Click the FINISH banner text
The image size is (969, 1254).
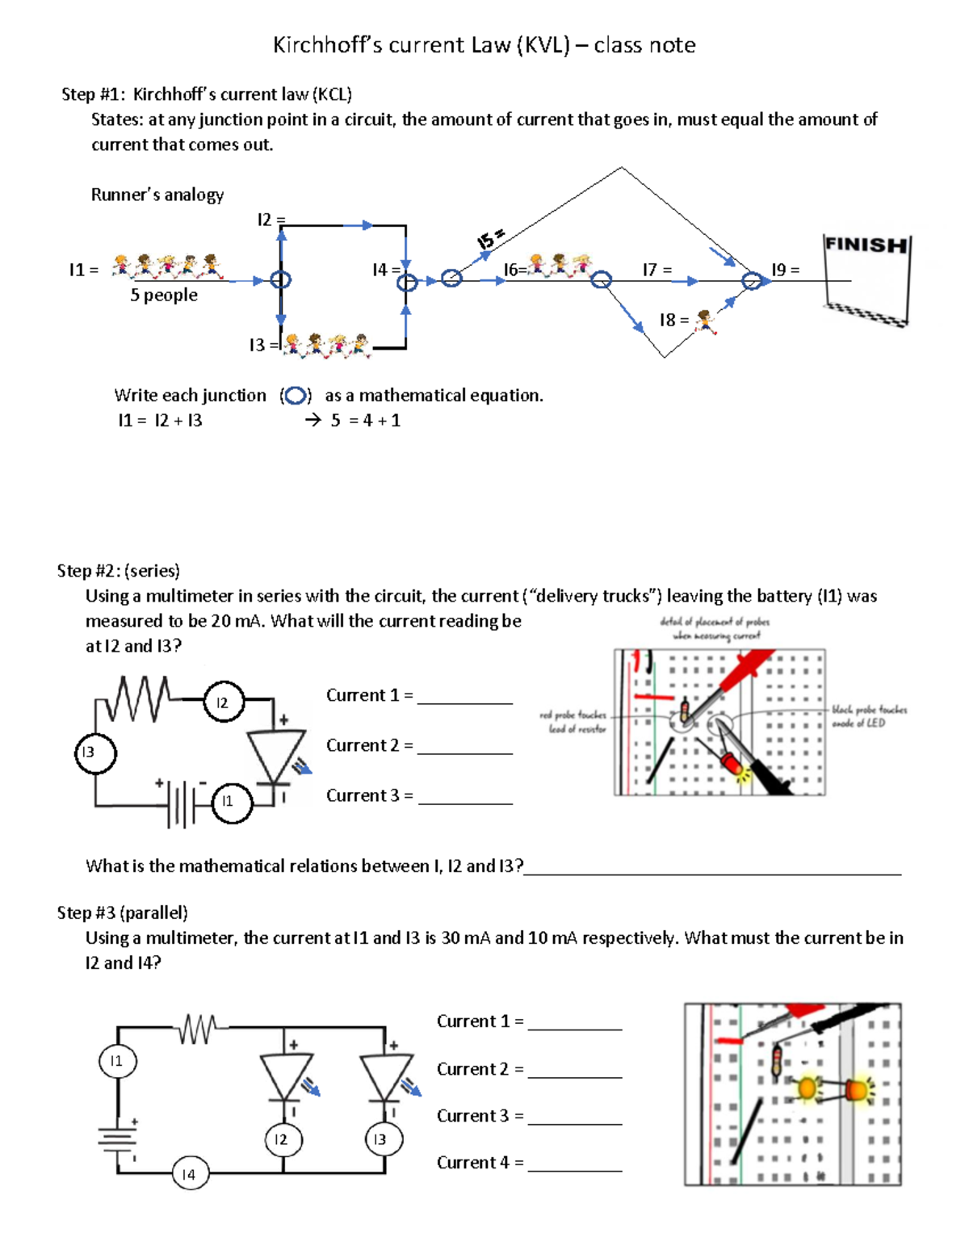point(866,244)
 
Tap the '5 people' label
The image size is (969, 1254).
point(164,296)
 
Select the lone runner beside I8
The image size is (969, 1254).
point(706,321)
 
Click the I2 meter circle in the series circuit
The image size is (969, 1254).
point(223,702)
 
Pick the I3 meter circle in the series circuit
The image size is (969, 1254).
point(95,753)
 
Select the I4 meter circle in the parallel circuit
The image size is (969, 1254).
point(189,1174)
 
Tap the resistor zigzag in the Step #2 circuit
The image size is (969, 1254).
point(132,698)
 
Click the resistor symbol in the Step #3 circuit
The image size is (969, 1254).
point(197,1028)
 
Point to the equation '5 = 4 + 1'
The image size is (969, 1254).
point(365,421)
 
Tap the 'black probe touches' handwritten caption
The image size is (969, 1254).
point(869,716)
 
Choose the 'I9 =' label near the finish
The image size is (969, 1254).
point(785,270)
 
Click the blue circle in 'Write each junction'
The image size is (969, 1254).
point(296,396)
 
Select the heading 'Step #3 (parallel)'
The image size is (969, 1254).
point(122,912)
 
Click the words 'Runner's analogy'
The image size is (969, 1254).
point(157,195)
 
